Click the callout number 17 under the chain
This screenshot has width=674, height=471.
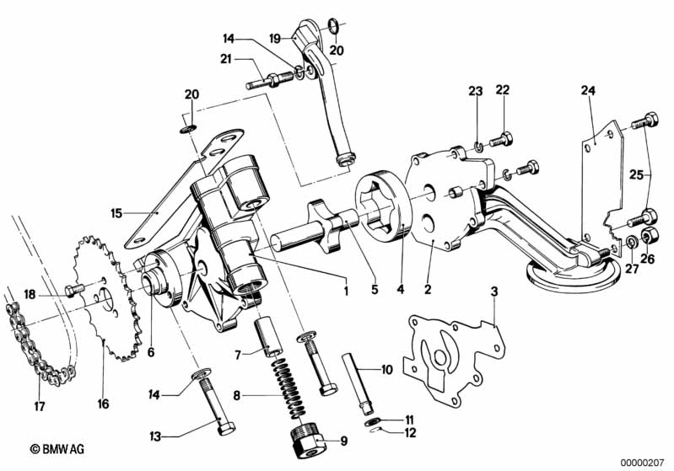(39, 406)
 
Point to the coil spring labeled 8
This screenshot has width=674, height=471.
(290, 388)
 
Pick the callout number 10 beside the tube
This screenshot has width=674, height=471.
(387, 369)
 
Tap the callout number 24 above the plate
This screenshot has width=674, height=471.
(588, 91)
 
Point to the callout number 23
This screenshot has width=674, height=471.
(476, 91)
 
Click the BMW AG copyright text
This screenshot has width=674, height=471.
(57, 450)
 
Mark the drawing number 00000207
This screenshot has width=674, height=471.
(643, 463)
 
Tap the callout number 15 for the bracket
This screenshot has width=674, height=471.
(116, 213)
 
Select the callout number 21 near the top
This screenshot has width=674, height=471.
(226, 59)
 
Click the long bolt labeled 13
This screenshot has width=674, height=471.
(217, 404)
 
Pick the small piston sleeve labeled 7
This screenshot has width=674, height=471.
(268, 339)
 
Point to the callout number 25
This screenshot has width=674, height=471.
(637, 174)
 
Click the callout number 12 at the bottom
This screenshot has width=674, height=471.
(411, 433)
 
